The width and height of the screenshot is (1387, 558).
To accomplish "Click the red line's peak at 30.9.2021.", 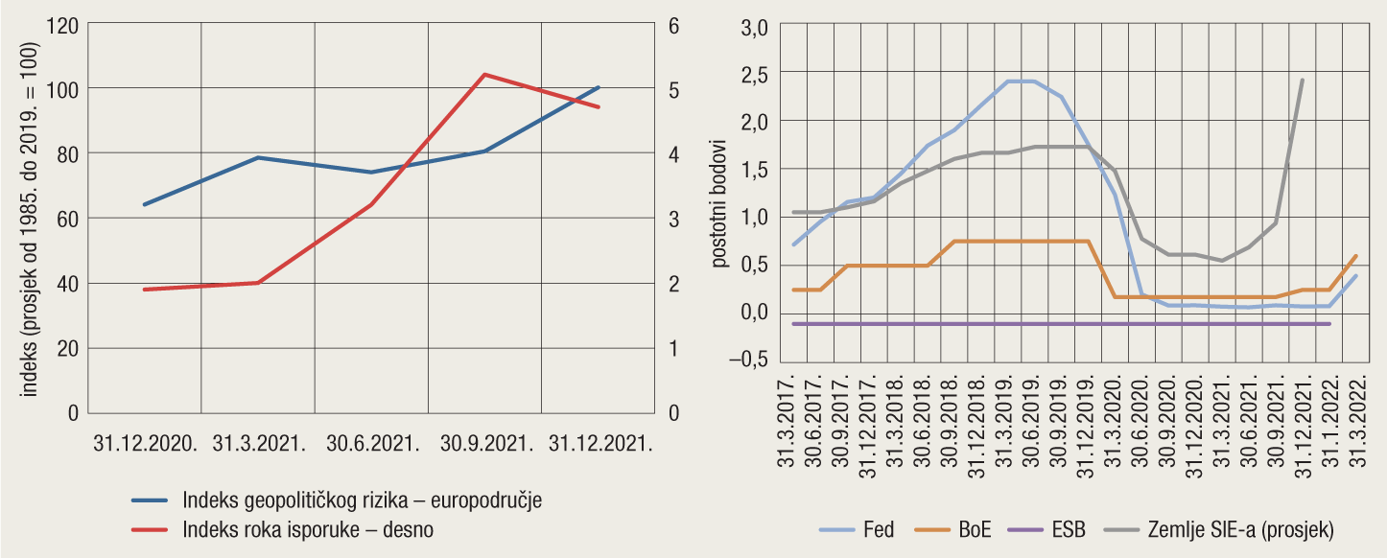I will coord(485,74).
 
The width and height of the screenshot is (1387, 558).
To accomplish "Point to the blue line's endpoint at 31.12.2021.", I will coord(599,87).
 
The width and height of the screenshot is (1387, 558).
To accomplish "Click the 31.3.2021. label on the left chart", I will coord(259,444).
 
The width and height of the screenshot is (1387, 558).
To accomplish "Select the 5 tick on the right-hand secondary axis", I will coord(673,89).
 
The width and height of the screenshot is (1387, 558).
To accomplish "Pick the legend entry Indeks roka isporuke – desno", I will coord(314,529).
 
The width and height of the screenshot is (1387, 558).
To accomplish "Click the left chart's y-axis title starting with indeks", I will coord(30,220).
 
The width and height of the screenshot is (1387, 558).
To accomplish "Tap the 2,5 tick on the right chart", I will coord(756,73).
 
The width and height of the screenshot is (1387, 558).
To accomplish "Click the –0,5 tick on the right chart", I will coord(751,360).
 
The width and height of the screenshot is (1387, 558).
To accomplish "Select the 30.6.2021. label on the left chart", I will coord(372,444).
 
